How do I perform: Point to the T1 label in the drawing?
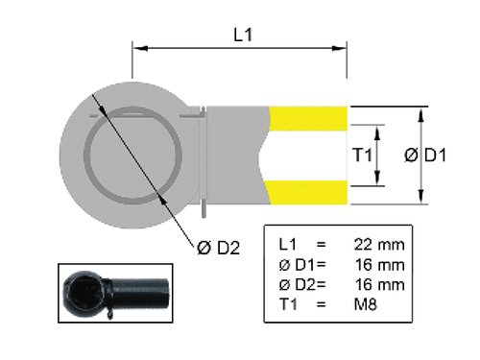pos(362,155)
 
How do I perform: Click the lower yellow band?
pos(308,192)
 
